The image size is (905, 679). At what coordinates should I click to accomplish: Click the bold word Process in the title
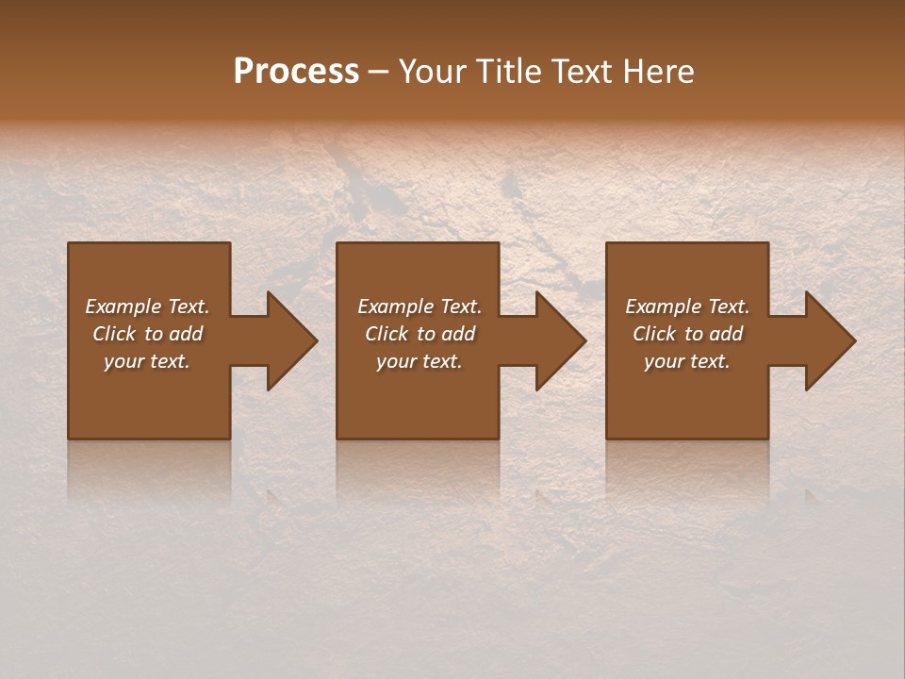(x=296, y=72)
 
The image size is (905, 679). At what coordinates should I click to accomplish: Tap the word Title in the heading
(x=505, y=72)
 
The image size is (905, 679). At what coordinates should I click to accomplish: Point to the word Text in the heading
(x=581, y=72)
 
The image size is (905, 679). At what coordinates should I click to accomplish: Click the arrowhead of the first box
(x=290, y=340)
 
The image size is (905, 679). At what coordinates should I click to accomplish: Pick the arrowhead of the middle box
(x=559, y=340)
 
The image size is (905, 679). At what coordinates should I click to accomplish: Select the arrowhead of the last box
(x=829, y=340)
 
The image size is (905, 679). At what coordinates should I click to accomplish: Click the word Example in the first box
(x=123, y=306)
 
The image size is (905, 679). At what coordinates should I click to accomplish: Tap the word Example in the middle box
(x=395, y=306)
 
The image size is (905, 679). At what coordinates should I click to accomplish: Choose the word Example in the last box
(x=663, y=306)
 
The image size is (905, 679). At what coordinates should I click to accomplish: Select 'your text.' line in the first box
(x=147, y=361)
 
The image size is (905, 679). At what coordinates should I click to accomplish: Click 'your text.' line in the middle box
(x=419, y=361)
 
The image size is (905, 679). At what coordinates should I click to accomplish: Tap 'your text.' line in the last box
(x=687, y=361)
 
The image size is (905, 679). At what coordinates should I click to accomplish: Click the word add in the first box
(x=187, y=334)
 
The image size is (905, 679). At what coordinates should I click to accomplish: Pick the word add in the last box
(x=727, y=334)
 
